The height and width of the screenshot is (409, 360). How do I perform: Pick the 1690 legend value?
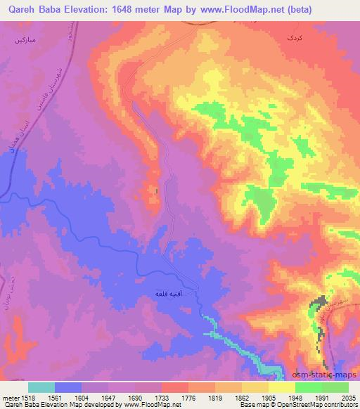tap(140, 397)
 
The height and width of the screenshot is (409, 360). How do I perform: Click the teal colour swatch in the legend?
tap(41, 387)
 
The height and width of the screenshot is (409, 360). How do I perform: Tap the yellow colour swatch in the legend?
tap(282, 387)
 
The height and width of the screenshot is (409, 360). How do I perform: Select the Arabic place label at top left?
tap(28, 40)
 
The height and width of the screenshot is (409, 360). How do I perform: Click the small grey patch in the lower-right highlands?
tap(320, 303)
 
